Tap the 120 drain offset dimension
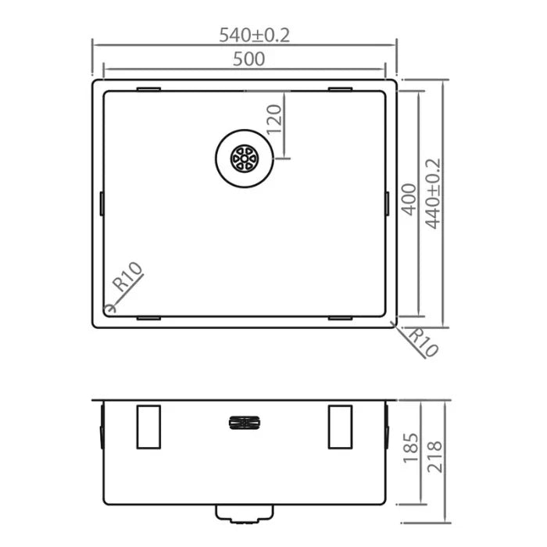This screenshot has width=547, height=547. coord(274,120)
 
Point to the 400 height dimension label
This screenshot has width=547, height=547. coord(408,201)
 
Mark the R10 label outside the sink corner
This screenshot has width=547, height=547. coord(423,341)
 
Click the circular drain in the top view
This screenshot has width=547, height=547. coord(243,159)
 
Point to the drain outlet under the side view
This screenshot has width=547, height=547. coord(243,512)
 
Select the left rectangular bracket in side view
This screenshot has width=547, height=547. coord(148,427)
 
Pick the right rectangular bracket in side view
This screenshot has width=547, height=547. coord(340,427)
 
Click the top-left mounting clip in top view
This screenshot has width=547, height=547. coord(148,89)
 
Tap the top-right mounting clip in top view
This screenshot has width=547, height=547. coord(340,89)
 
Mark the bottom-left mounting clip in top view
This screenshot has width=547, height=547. coord(148,318)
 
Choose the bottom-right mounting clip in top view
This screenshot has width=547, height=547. coord(340,318)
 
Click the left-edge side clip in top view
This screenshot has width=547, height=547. coord(102,203)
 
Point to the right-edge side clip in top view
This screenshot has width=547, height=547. coord(388,203)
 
